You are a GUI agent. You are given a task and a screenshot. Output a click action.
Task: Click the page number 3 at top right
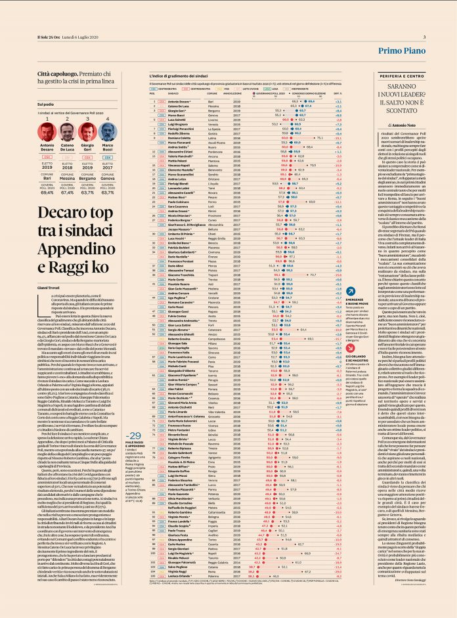424,37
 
